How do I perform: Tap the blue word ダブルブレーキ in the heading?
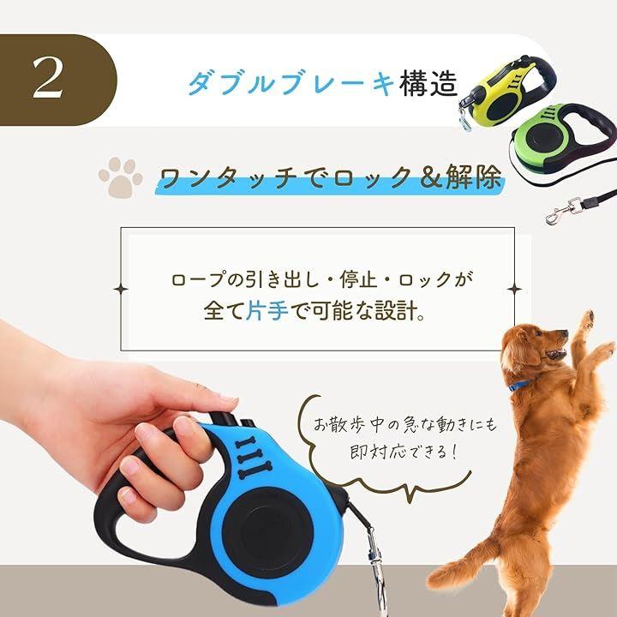[x=291, y=83]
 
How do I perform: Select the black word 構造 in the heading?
[x=428, y=83]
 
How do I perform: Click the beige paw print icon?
[x=120, y=177]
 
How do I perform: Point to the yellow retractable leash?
[x=507, y=93]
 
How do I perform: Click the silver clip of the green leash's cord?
[x=564, y=212]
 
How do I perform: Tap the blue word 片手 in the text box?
[x=267, y=310]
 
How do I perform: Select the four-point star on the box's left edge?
[x=121, y=290]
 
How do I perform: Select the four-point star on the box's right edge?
[x=514, y=290]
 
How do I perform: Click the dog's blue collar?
[x=521, y=386]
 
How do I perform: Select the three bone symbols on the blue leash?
[x=252, y=458]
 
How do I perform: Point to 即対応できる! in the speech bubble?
[x=404, y=452]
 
